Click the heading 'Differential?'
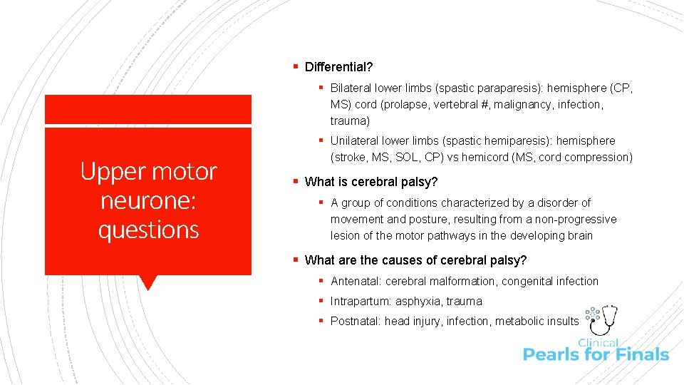(338, 67)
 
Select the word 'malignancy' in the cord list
(510, 105)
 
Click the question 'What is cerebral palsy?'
(371, 182)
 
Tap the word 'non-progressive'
(577, 220)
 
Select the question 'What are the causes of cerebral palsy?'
(416, 260)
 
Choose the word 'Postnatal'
(354, 322)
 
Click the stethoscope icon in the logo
(608, 319)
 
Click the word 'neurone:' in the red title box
(148, 201)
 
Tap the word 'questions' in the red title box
(148, 230)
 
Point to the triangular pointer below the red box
(148, 282)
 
